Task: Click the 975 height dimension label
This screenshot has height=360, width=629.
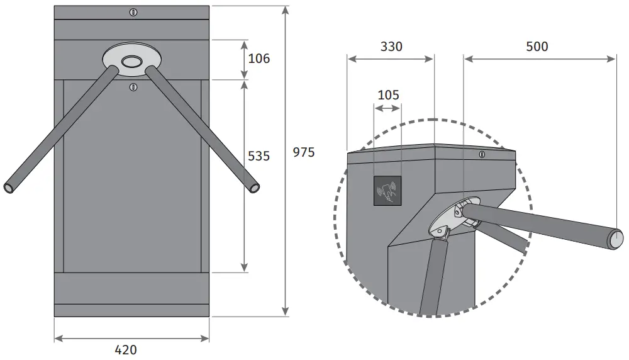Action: [303, 153]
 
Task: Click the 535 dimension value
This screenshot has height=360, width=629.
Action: [258, 156]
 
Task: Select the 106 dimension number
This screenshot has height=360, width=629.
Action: [259, 59]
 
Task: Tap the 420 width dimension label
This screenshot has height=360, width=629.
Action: [126, 350]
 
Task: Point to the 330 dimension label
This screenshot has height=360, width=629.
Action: [391, 47]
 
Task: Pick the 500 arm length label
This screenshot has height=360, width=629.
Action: [537, 47]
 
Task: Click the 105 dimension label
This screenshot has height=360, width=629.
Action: [388, 95]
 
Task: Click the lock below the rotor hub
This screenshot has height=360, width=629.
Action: [132, 87]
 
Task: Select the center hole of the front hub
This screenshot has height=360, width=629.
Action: [131, 61]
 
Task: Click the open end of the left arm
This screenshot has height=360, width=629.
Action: [9, 188]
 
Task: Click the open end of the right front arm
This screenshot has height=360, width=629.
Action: [254, 187]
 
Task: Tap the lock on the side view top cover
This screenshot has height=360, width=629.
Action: [482, 155]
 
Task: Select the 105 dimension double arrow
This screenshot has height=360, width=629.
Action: [387, 109]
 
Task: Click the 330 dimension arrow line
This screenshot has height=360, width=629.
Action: [391, 59]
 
